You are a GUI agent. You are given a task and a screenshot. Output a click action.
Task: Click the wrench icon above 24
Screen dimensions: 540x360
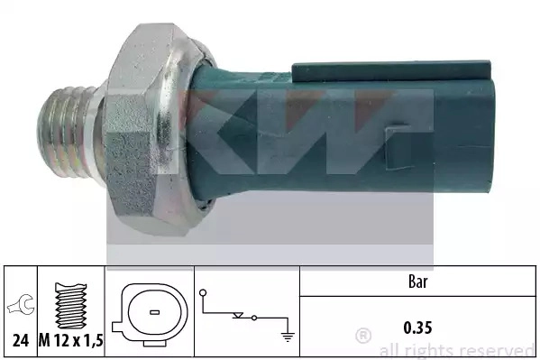coord(21,304)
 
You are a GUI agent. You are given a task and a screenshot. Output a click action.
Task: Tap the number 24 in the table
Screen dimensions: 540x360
coord(21,341)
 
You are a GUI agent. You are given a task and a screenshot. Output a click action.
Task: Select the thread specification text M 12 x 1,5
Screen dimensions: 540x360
coord(71,341)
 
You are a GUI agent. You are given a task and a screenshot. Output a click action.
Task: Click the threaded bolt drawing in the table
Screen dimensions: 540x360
coord(71,306)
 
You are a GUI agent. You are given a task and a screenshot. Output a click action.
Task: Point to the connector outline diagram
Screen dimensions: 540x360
coord(150,315)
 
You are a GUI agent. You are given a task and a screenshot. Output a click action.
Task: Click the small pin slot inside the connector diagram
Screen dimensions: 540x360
coord(155,313)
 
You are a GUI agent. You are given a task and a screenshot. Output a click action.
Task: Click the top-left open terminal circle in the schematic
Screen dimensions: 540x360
coord(203,292)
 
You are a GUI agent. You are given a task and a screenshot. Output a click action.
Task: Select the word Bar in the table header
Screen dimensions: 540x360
coord(417,282)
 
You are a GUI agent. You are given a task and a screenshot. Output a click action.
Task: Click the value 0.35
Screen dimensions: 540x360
coord(417,328)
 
